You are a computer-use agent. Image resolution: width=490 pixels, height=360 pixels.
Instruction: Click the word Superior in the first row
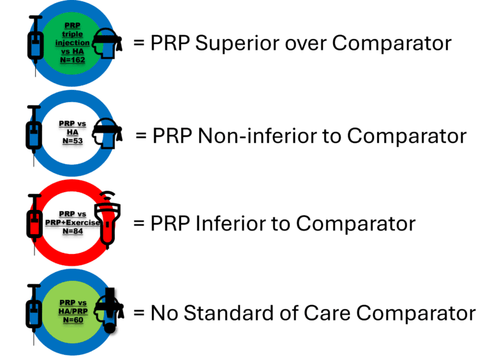point(237,43)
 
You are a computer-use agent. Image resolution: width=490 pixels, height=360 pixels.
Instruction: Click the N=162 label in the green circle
point(73,60)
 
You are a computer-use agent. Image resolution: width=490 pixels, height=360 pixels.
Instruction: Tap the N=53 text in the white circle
point(73,141)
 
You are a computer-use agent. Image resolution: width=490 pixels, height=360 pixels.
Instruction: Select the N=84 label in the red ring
point(73,231)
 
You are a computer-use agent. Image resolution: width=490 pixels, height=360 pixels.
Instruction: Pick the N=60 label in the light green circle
point(73,320)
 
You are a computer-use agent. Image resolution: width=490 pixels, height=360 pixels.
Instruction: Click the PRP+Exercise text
point(73,223)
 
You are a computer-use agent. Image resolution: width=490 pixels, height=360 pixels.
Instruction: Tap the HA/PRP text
point(73,311)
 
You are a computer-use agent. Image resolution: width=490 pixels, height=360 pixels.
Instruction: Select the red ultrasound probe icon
point(107,220)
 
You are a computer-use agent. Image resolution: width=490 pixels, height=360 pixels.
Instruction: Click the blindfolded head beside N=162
point(107,43)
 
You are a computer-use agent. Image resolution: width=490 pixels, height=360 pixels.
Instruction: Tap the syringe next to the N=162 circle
point(36,45)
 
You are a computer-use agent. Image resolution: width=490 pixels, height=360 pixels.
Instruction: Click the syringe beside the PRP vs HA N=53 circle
point(34,135)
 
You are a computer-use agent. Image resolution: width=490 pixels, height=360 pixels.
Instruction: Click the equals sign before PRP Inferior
point(138,224)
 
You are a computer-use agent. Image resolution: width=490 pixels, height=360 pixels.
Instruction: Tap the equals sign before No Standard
point(138,313)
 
